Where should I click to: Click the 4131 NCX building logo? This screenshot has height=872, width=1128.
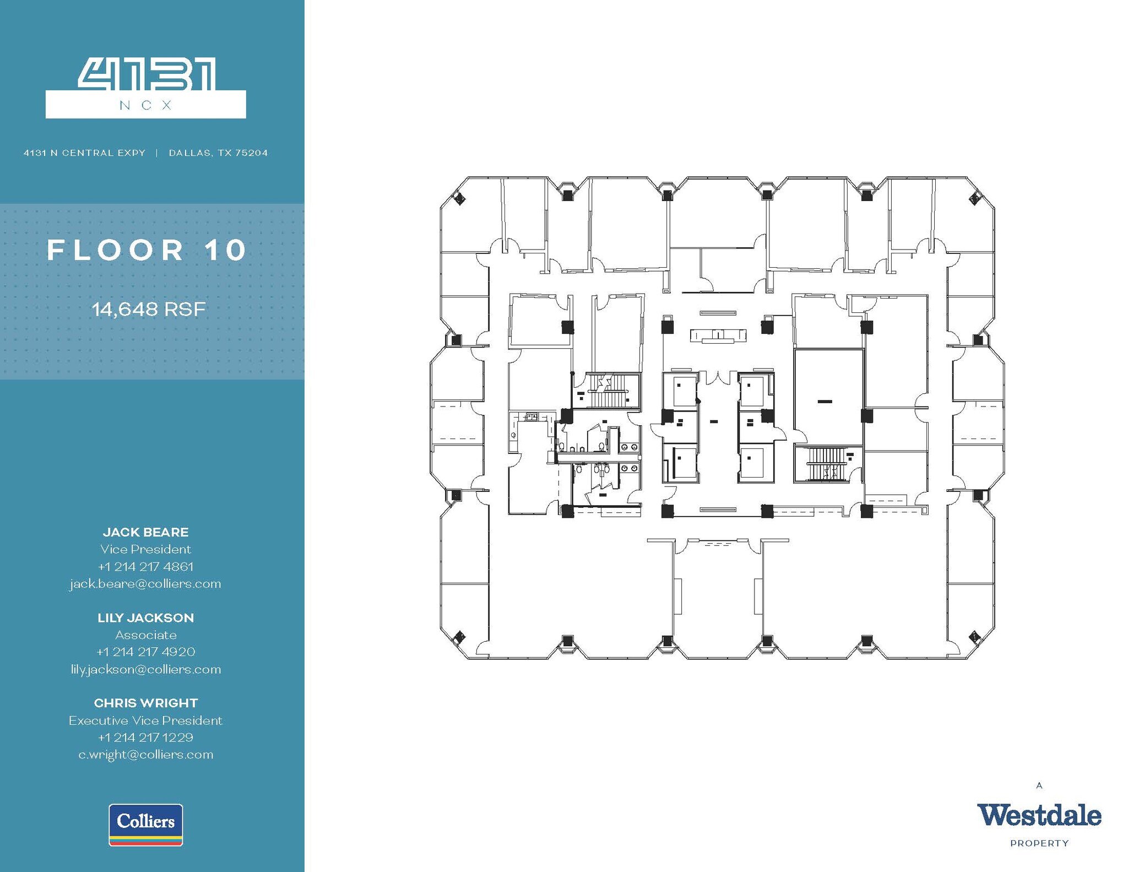pyautogui.click(x=146, y=88)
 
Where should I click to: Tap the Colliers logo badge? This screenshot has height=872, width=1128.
pyautogui.click(x=146, y=825)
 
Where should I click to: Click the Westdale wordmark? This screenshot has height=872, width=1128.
pyautogui.click(x=1039, y=816)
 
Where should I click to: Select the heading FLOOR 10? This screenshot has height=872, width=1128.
pyautogui.click(x=147, y=251)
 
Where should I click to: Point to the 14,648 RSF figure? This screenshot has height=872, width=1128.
pyautogui.click(x=149, y=309)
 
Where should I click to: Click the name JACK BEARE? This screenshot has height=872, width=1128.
pyautogui.click(x=146, y=532)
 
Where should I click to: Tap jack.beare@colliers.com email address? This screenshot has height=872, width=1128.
pyautogui.click(x=145, y=584)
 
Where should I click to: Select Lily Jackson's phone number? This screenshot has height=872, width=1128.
pyautogui.click(x=146, y=652)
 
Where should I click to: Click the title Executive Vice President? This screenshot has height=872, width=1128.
pyautogui.click(x=146, y=721)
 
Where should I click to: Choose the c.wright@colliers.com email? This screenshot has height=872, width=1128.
pyautogui.click(x=146, y=755)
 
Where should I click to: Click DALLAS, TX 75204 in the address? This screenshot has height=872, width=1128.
pyautogui.click(x=218, y=153)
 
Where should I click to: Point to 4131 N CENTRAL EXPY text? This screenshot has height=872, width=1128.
pyautogui.click(x=84, y=153)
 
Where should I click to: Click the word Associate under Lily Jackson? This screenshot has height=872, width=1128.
pyautogui.click(x=146, y=635)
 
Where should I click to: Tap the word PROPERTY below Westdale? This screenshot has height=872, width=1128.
pyautogui.click(x=1039, y=843)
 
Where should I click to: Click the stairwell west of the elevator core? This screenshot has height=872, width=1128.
pyautogui.click(x=608, y=391)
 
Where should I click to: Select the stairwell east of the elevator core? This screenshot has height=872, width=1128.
pyautogui.click(x=826, y=464)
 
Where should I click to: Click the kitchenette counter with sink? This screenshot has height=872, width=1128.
pyautogui.click(x=532, y=416)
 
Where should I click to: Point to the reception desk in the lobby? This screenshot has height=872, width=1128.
pyautogui.click(x=718, y=335)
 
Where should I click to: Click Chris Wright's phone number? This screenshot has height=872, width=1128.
pyautogui.click(x=146, y=738)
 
